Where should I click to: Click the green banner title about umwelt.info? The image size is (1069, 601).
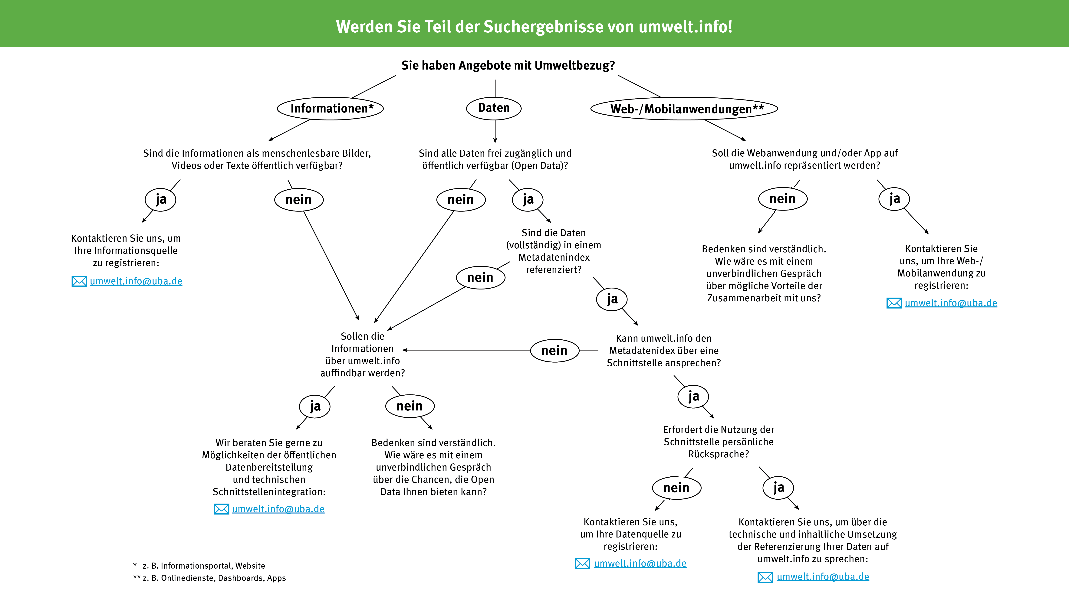pyautogui.click(x=534, y=27)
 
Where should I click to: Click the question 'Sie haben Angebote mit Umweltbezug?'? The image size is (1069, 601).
pyautogui.click(x=508, y=66)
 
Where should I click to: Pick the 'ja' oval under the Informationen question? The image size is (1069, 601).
pyautogui.click(x=161, y=200)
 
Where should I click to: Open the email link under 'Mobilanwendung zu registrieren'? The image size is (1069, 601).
pyautogui.click(x=951, y=303)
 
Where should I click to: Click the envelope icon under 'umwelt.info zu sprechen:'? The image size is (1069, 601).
pyautogui.click(x=765, y=577)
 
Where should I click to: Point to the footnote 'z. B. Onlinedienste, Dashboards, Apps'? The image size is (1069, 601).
pyautogui.click(x=214, y=578)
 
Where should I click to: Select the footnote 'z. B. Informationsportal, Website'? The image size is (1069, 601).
pyautogui.click(x=203, y=566)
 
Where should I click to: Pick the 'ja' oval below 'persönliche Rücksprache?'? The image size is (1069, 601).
pyautogui.click(x=778, y=488)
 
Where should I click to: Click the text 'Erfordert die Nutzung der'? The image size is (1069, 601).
pyautogui.click(x=718, y=430)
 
